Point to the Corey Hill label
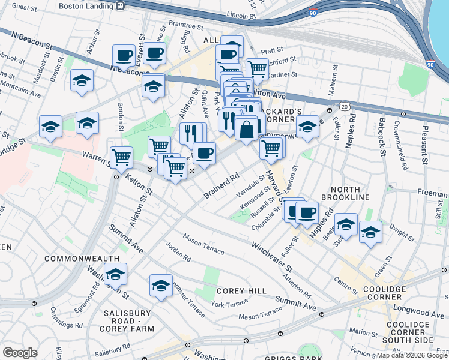tap(241, 291)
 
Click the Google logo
tap(20, 352)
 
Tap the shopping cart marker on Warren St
tap(121, 157)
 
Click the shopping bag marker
tap(247, 128)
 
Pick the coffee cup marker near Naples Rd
tap(307, 212)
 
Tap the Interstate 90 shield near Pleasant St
tap(430, 64)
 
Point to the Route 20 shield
tap(343, 106)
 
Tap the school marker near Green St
tap(370, 231)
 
